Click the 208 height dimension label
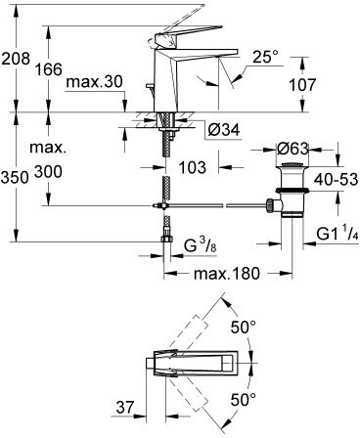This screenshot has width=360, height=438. point(16,59)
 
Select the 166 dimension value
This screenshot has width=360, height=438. point(49,69)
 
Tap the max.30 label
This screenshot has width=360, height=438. point(95,81)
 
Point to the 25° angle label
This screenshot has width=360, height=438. point(266,57)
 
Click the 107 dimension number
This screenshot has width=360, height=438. point(302,85)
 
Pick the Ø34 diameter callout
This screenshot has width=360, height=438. point(224,130)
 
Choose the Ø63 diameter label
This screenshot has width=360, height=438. point(292,149)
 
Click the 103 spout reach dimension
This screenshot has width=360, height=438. point(193,167)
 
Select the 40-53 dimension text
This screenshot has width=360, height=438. point(336,179)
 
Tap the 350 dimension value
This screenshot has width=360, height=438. point(15,178)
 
